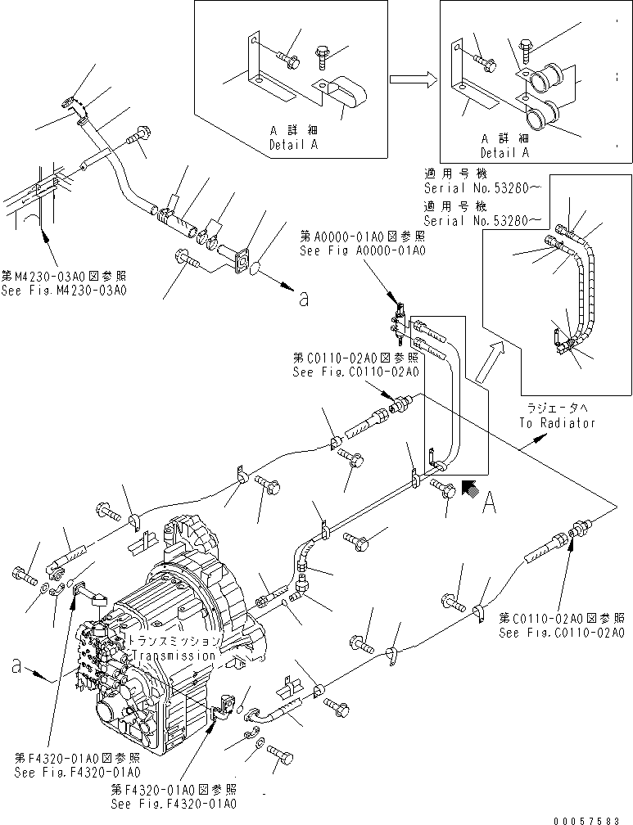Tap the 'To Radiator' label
(x=557, y=423)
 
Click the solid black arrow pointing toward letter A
(x=470, y=489)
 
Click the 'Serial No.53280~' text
(x=482, y=221)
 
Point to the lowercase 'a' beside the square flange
(x=304, y=300)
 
